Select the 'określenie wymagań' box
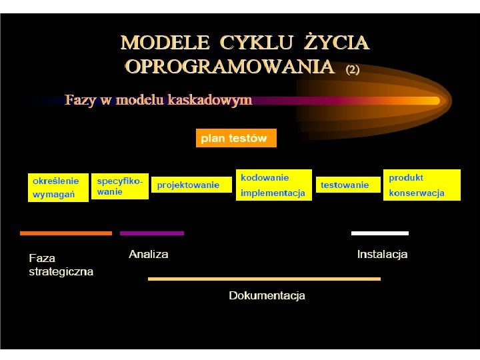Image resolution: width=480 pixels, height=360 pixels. click(57, 187)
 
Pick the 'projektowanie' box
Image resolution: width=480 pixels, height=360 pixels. click(189, 185)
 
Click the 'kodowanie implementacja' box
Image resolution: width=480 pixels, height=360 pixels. click(273, 185)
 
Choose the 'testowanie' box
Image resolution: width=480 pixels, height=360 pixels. click(345, 185)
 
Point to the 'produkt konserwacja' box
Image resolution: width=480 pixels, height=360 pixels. click(421, 185)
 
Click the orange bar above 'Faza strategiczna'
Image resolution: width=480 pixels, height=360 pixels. click(65, 233)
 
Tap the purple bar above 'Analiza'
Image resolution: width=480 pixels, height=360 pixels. click(151, 233)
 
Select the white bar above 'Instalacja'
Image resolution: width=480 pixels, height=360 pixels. click(379, 233)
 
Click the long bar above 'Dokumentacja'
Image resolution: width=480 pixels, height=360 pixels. click(264, 279)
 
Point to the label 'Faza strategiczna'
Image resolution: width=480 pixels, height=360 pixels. click(61, 265)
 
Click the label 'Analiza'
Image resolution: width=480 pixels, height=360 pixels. click(149, 254)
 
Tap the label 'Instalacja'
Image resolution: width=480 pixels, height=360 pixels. click(382, 254)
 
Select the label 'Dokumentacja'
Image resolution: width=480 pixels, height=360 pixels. click(267, 295)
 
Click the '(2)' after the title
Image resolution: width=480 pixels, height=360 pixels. click(352, 69)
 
